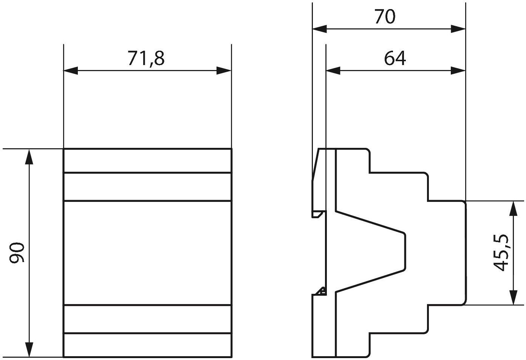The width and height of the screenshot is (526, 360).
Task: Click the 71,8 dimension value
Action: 146,58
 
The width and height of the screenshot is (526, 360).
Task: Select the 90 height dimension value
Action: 17,252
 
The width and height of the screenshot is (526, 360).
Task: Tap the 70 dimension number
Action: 385,17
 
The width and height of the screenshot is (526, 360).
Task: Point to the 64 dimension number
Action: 395,58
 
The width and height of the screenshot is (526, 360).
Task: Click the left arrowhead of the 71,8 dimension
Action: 71,70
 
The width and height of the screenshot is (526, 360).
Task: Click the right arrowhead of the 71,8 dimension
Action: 224,70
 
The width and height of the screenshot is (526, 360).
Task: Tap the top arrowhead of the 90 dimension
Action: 29,157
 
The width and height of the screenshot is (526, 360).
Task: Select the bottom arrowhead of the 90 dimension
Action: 29,349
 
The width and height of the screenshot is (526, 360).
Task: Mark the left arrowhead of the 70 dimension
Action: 319,29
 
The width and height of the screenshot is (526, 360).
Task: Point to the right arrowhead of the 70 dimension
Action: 458,29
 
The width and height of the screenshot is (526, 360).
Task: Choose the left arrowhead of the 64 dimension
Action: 333,70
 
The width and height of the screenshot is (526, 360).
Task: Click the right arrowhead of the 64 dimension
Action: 458,70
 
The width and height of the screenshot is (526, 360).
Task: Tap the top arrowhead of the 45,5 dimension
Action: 514,208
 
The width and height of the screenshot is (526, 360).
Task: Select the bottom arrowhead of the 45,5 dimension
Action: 514,298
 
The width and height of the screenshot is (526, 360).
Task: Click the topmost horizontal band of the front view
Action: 147,160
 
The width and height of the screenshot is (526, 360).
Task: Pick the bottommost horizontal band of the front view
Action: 147,345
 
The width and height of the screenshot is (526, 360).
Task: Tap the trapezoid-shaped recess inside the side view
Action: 370,252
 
